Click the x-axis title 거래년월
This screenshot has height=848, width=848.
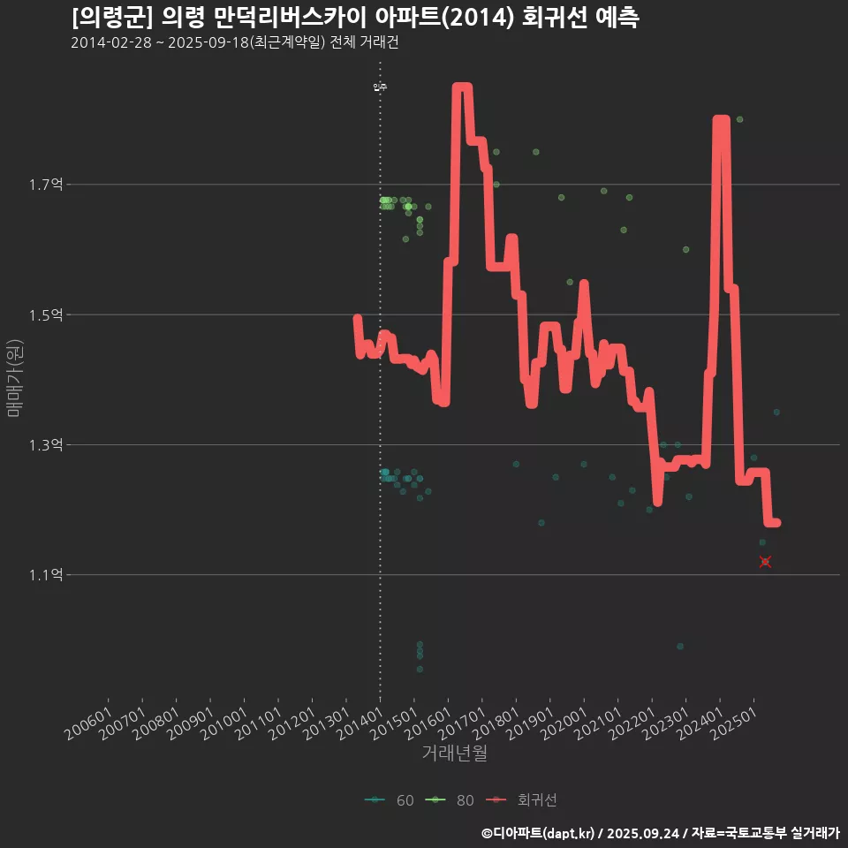tap(455, 753)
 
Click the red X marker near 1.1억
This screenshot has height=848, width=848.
tap(765, 562)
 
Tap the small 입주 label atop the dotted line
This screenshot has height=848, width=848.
tap(380, 87)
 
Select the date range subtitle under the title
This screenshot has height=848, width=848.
tap(235, 43)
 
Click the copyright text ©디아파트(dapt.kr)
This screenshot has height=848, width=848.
tap(539, 833)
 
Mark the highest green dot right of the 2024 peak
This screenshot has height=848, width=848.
tap(739, 119)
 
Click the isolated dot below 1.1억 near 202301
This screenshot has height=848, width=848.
tap(679, 646)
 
